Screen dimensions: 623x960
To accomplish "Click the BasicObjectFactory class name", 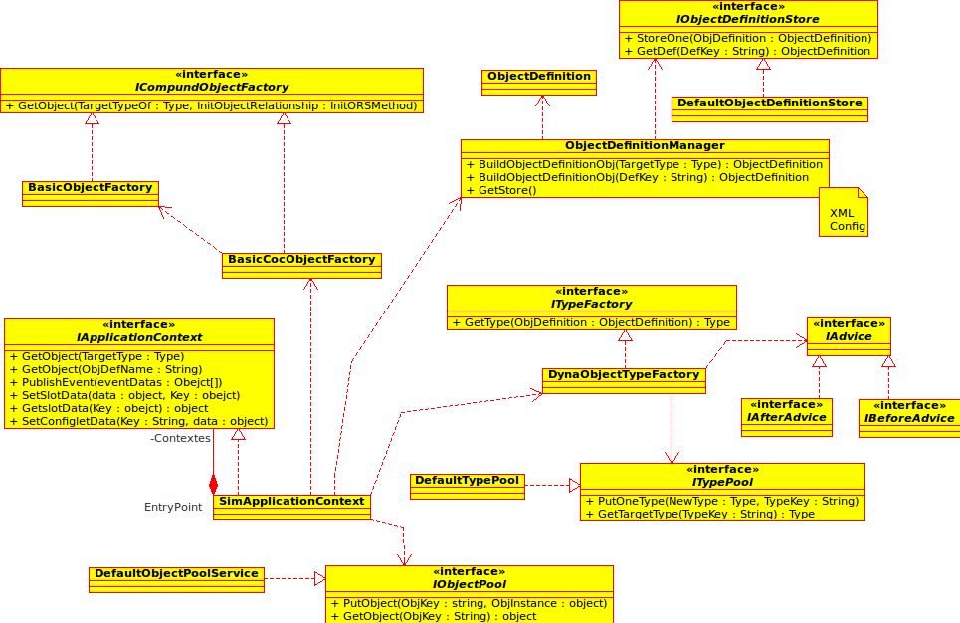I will (x=91, y=187).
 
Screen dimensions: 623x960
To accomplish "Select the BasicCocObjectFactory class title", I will (x=301, y=260).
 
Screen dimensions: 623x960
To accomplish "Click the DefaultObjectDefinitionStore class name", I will (x=769, y=103).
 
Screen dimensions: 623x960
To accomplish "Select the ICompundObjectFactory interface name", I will (x=211, y=88).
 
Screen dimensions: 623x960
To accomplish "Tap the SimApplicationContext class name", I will (x=291, y=501).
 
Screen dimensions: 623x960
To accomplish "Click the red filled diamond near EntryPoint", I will (x=213, y=485).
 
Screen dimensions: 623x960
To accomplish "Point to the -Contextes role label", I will (x=181, y=438).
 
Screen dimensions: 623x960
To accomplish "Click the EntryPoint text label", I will (x=173, y=507).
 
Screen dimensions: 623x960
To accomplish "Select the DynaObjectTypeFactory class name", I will (x=624, y=375).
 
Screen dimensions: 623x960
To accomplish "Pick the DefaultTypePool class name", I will (x=467, y=481).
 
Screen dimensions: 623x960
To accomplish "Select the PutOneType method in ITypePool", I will (x=721, y=501).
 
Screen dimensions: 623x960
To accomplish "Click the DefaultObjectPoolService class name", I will (x=176, y=573).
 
